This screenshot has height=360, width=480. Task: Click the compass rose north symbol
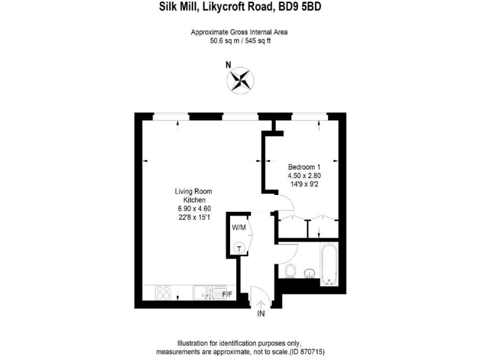(x=239, y=79)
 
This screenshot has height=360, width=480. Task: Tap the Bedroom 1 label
(x=304, y=167)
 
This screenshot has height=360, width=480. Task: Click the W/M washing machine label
(x=239, y=227)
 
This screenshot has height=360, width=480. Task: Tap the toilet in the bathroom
(x=289, y=271)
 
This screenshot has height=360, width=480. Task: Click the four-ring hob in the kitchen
(x=163, y=292)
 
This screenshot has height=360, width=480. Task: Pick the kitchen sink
(x=204, y=292)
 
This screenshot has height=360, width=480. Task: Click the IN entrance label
(x=261, y=314)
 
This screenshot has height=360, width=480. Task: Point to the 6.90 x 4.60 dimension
(x=186, y=208)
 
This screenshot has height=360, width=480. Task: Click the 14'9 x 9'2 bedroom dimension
(x=304, y=184)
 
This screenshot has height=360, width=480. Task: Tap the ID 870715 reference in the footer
(x=307, y=351)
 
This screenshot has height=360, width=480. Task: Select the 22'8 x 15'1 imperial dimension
(x=186, y=217)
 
